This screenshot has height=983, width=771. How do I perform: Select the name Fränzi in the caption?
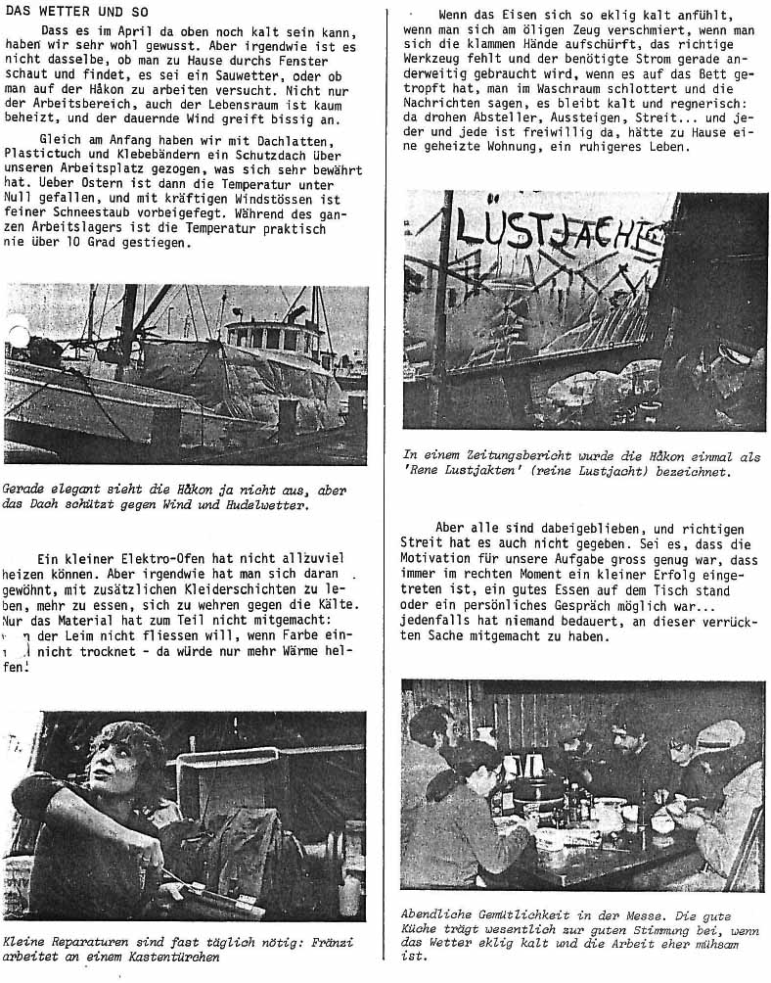313,942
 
